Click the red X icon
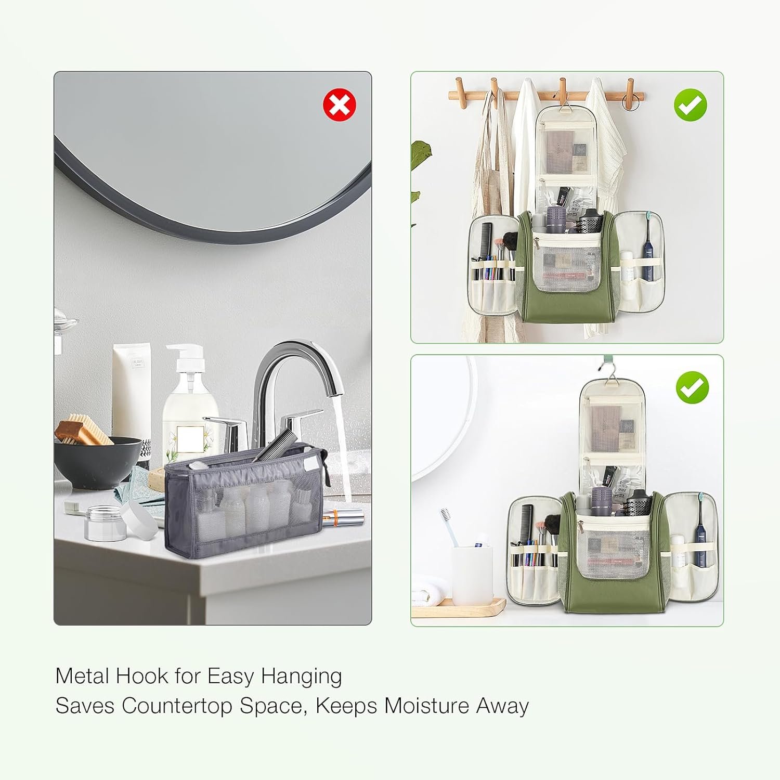tap(340, 105)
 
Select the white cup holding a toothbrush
tap(472, 575)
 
